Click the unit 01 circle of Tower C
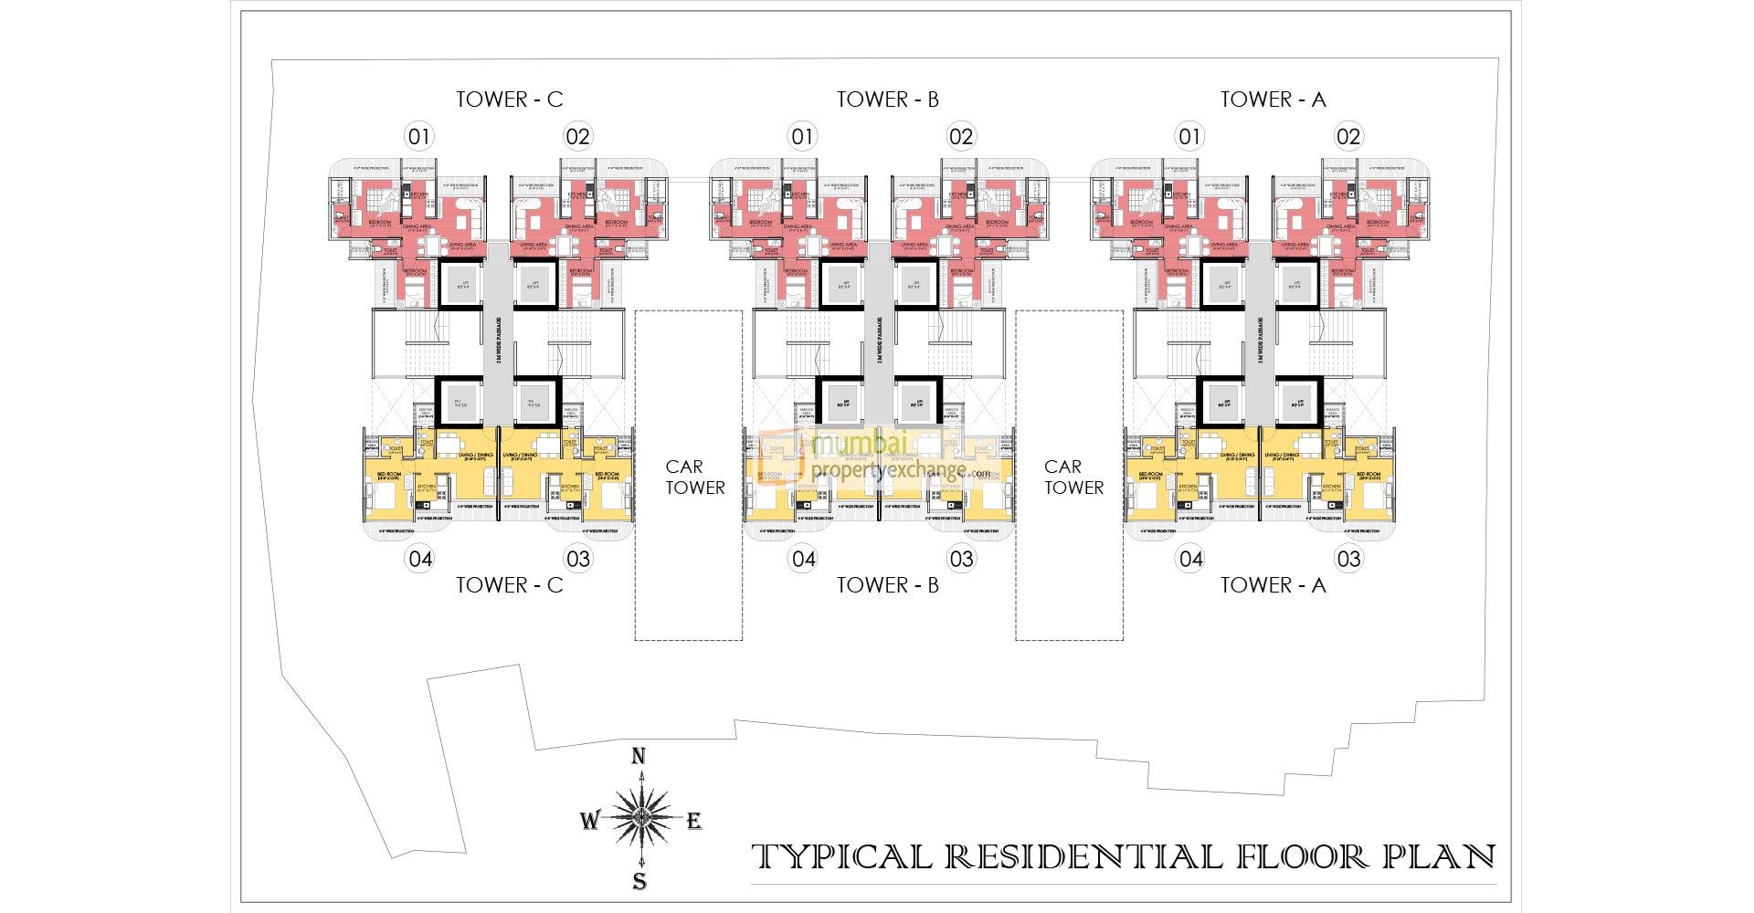point(418,137)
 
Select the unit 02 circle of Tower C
point(577,137)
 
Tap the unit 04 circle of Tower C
point(420,559)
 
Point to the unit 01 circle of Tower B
point(802,137)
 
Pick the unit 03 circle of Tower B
point(961,559)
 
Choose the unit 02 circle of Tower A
point(1347,137)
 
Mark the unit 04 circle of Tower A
point(1190,559)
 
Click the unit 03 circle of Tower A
point(1348,559)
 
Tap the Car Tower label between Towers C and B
point(694,477)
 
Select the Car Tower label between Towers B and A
point(1073,477)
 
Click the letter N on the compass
point(639,756)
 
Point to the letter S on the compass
point(639,881)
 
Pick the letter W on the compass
point(589,820)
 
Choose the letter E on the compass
point(694,821)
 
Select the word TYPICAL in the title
point(841,857)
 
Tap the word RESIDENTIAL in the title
point(1083,857)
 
